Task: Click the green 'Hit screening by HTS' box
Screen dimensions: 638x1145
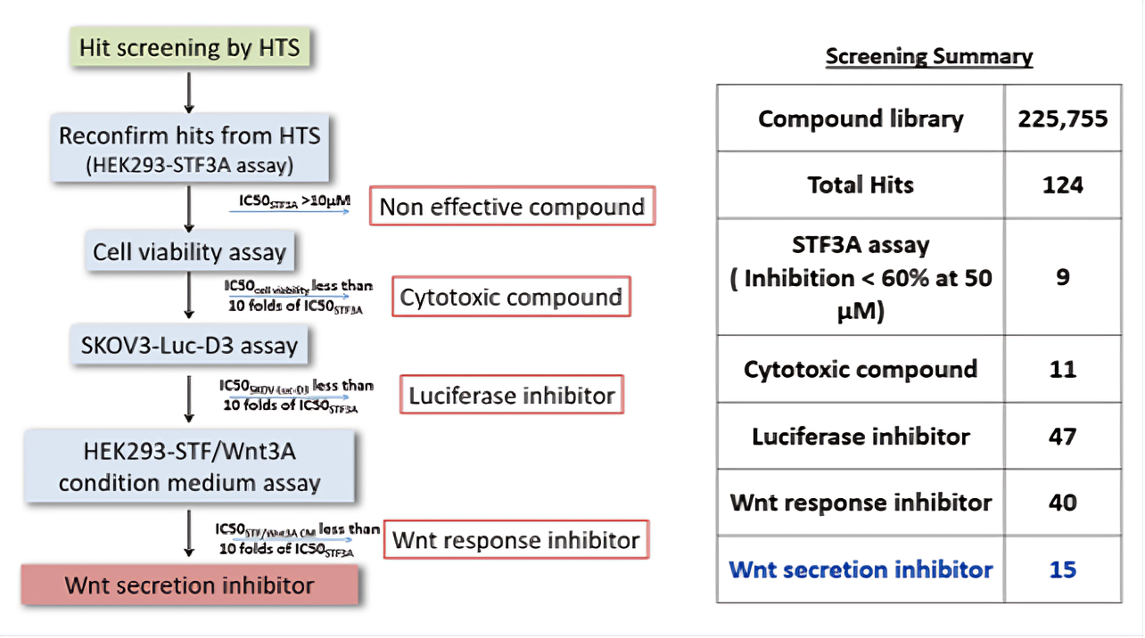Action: pyautogui.click(x=189, y=47)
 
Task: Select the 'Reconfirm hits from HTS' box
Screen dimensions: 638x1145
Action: pyautogui.click(x=189, y=147)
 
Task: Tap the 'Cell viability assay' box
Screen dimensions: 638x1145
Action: pyautogui.click(x=189, y=251)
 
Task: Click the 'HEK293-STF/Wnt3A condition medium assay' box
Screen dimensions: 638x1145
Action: pyautogui.click(x=189, y=467)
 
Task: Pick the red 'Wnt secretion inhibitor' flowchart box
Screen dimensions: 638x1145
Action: pyautogui.click(x=189, y=585)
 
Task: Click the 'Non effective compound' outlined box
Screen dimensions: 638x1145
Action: pyautogui.click(x=512, y=207)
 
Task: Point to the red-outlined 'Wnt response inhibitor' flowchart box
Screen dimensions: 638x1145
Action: pyautogui.click(x=515, y=540)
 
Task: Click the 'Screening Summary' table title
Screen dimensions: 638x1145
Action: pyautogui.click(x=928, y=57)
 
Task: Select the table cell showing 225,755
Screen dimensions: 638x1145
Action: pyautogui.click(x=1062, y=119)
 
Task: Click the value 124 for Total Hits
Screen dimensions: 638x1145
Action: pyautogui.click(x=1062, y=185)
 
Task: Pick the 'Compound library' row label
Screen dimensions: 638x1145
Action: pyautogui.click(x=861, y=119)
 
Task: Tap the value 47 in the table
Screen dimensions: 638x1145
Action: pyautogui.click(x=1062, y=437)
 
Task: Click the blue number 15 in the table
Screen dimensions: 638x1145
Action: pyautogui.click(x=1062, y=569)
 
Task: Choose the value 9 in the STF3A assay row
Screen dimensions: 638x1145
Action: pyautogui.click(x=1062, y=277)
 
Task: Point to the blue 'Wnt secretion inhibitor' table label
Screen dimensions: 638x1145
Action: pyautogui.click(x=861, y=569)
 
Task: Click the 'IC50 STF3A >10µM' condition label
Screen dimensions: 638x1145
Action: pyautogui.click(x=290, y=202)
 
